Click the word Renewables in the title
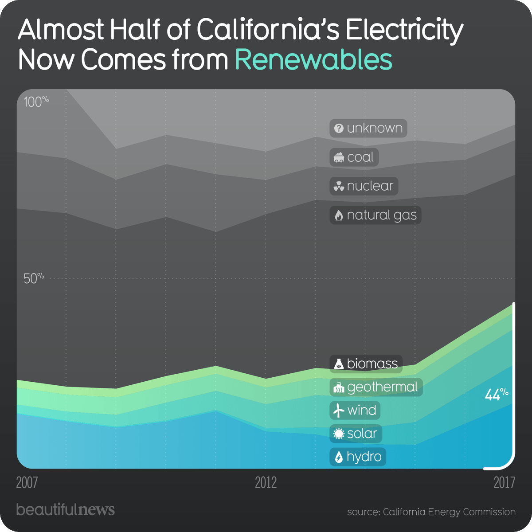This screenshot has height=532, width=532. (313, 60)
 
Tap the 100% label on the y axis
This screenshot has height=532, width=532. (36, 102)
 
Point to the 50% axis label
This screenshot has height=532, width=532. (34, 278)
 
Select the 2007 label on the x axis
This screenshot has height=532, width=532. (27, 482)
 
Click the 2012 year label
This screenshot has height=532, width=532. (266, 482)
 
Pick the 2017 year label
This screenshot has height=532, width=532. (504, 482)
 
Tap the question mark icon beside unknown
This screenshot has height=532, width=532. (339, 129)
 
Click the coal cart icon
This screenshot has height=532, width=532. (339, 157)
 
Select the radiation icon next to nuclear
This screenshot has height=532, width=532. (339, 187)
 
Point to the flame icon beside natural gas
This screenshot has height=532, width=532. (339, 215)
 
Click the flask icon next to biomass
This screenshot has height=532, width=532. (339, 364)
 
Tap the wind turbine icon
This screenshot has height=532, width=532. (339, 411)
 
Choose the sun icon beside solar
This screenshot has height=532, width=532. (339, 434)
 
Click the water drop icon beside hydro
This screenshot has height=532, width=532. (339, 457)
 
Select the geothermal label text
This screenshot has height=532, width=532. (382, 387)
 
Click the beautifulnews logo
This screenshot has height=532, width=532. (65, 509)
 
